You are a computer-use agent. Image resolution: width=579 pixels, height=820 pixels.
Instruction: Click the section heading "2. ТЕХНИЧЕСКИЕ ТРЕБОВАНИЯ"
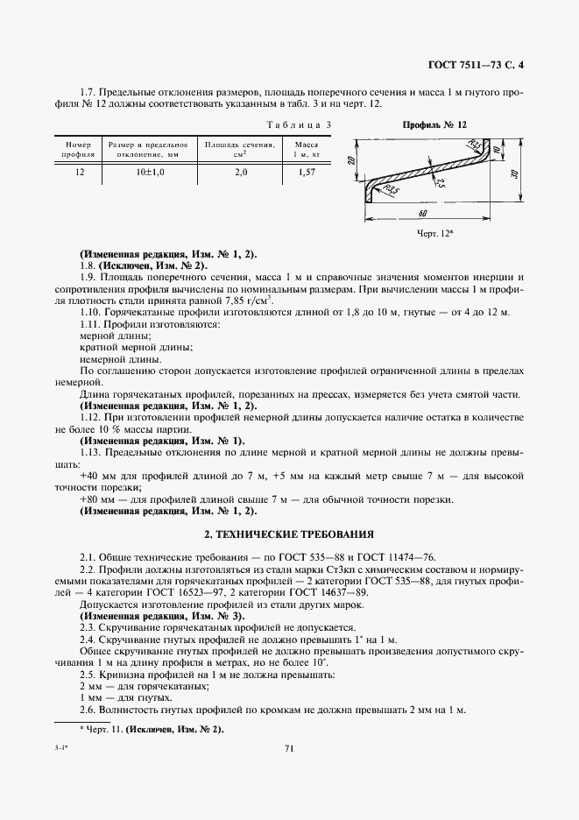point(289,534)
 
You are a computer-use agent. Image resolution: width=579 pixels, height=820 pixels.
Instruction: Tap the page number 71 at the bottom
point(289,747)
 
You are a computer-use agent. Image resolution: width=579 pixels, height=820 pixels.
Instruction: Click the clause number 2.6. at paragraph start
point(89,709)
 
